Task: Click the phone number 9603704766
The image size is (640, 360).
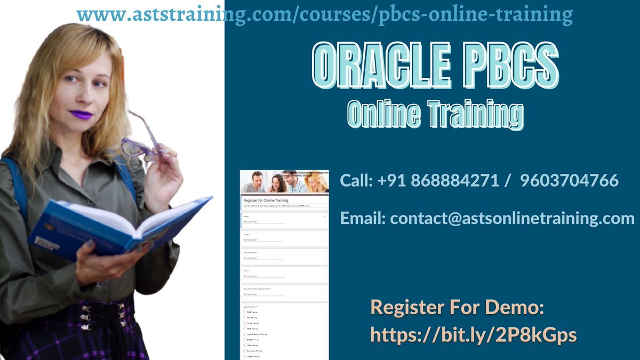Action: coord(569,180)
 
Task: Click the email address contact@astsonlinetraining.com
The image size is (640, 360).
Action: coord(512,218)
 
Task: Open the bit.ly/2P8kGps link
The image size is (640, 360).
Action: coord(473,334)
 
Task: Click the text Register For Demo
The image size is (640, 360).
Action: coord(457,308)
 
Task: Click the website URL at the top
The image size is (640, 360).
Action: coord(325,15)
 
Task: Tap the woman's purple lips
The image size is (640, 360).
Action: coord(81,115)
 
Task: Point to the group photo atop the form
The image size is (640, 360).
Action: coord(284,182)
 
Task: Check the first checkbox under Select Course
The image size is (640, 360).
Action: coord(245,313)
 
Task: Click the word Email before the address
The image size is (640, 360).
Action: coord(363,218)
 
